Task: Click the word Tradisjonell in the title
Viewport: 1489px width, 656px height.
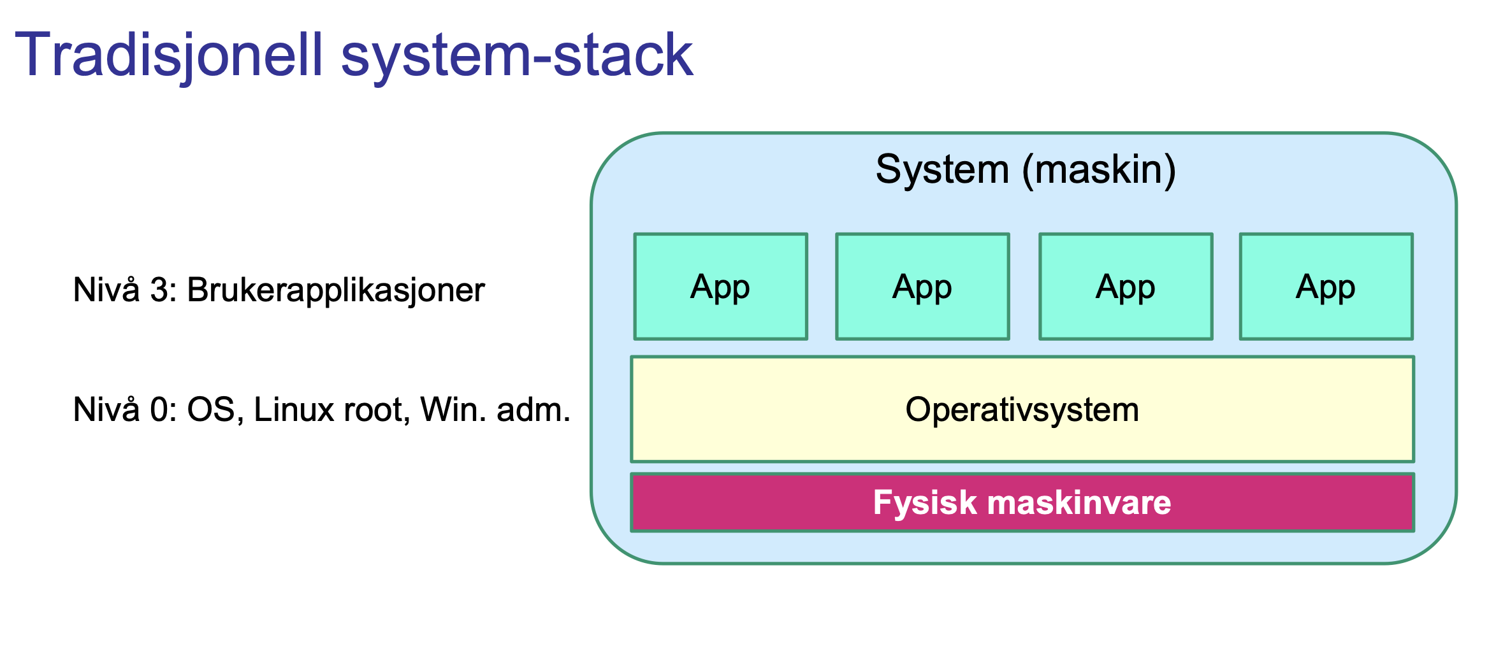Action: tap(169, 56)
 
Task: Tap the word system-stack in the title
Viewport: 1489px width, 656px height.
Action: tap(516, 56)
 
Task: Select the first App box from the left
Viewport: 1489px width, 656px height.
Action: tap(720, 287)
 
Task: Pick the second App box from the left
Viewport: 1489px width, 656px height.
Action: tap(922, 287)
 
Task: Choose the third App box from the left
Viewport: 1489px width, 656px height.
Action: tap(1126, 287)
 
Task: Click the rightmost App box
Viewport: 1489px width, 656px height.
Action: tap(1326, 287)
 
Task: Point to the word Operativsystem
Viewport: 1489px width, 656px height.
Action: tap(1022, 410)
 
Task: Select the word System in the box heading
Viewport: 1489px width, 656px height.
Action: tap(942, 170)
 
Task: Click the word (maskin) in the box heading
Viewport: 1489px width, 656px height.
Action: tap(1099, 170)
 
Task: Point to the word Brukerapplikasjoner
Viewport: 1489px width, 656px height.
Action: tap(336, 290)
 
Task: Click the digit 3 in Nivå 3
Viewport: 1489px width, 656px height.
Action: tap(160, 290)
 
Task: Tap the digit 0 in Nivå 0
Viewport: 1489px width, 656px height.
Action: tap(160, 410)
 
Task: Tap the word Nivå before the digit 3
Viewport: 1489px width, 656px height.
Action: tap(106, 290)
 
